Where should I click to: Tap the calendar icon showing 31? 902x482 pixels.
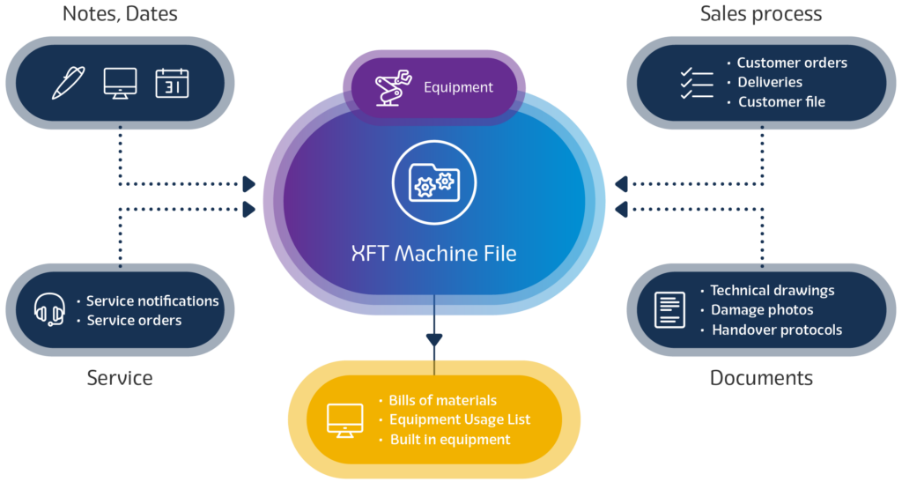click(172, 83)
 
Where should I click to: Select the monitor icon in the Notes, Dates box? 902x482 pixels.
click(120, 83)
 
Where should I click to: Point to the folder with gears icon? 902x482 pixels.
click(433, 183)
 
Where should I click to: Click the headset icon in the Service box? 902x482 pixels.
click(49, 310)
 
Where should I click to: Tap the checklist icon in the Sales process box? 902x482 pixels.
click(696, 82)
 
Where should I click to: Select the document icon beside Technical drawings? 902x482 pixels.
click(669, 310)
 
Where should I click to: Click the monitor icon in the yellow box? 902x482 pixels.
click(344, 420)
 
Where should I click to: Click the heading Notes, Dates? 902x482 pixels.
click(120, 13)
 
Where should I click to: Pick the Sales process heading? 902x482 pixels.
click(761, 13)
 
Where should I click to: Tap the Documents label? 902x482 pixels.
click(761, 378)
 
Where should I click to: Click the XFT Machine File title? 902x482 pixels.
click(433, 254)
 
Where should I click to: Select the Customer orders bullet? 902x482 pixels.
click(792, 63)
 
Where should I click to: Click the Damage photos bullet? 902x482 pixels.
click(762, 310)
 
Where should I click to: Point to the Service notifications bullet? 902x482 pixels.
click(152, 300)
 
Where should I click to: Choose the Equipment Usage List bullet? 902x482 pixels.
click(459, 419)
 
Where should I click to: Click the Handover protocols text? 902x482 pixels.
click(777, 330)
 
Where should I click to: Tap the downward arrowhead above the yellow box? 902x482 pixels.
click(433, 339)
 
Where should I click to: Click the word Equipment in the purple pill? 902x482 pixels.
click(458, 87)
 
